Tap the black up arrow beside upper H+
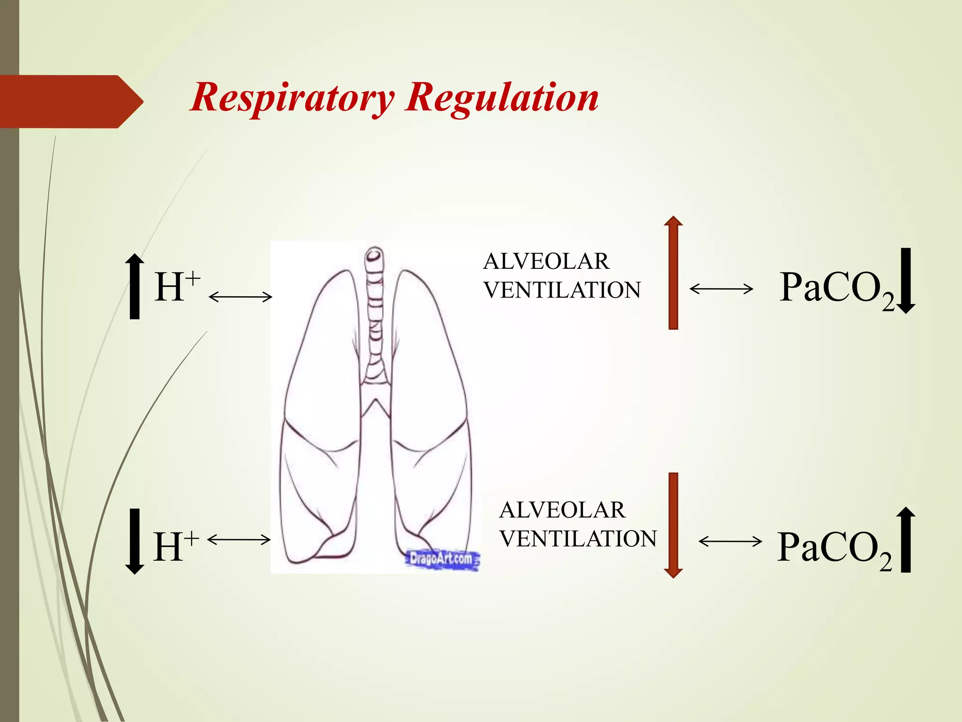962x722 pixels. coord(135,286)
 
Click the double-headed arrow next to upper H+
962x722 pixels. coord(240,297)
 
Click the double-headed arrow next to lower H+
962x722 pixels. coord(239,540)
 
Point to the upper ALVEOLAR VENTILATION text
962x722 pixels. coord(562,275)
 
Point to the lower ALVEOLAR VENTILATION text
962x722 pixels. coord(578,524)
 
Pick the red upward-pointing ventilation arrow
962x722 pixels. coord(673,273)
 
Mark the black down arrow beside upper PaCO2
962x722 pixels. coord(906,281)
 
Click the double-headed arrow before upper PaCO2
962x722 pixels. coord(721,289)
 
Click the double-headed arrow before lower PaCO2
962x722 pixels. coord(730,541)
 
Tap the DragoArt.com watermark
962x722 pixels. coord(442,559)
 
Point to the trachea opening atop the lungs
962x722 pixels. coord(374,255)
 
